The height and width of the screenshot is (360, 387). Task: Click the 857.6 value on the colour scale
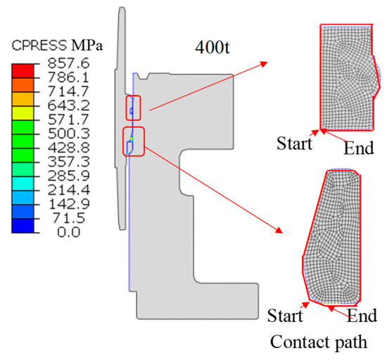pyautogui.click(x=68, y=63)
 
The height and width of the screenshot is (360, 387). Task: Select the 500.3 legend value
pyautogui.click(x=68, y=134)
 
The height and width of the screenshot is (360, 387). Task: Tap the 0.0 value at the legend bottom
pyautogui.click(x=69, y=232)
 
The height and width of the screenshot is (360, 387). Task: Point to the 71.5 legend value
pyautogui.click(x=69, y=218)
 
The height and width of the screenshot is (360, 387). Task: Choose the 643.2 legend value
pyautogui.click(x=68, y=105)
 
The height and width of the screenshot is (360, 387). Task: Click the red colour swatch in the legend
pyautogui.click(x=23, y=71)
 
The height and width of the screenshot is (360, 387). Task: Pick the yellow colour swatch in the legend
pyautogui.click(x=23, y=113)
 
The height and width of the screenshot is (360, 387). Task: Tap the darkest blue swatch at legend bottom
pyautogui.click(x=23, y=226)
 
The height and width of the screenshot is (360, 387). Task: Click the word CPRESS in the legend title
pyautogui.click(x=39, y=46)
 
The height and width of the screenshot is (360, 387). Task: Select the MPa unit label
pyautogui.click(x=87, y=46)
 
